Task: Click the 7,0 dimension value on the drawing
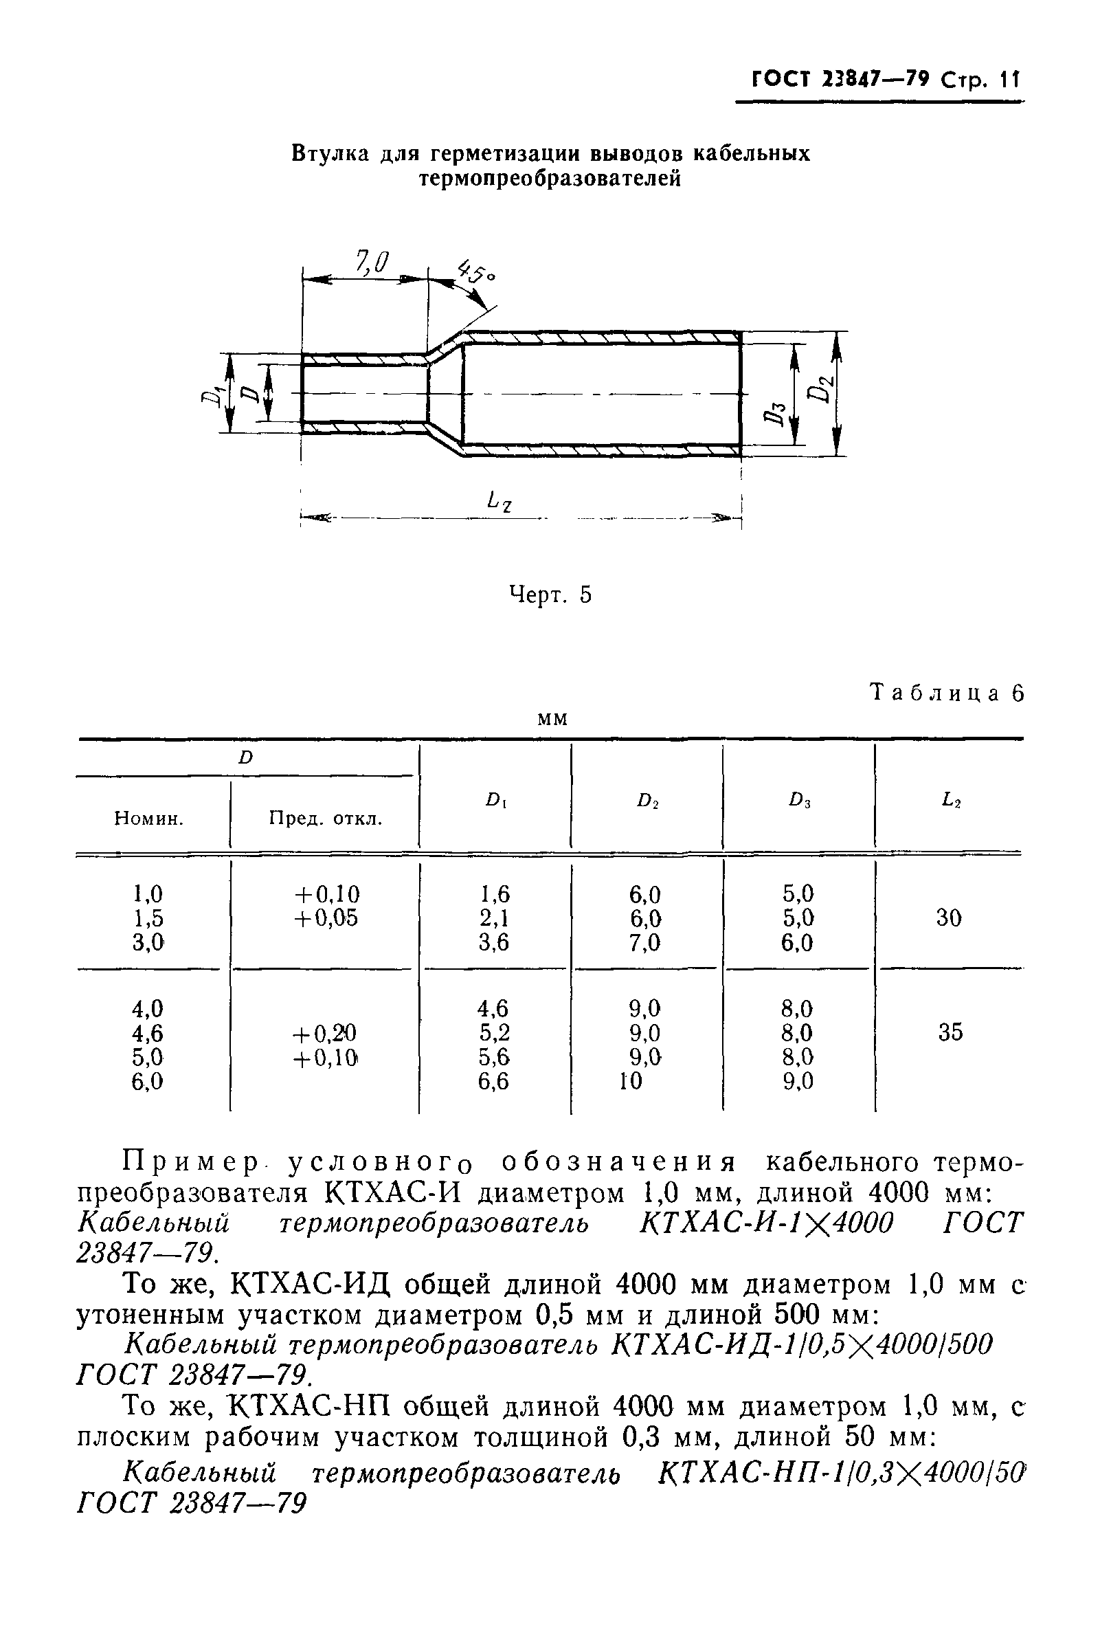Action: pos(372,263)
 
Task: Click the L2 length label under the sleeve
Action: pos(499,501)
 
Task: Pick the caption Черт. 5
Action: pos(549,595)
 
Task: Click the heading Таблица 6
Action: pos(946,693)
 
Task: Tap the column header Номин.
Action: pos(148,819)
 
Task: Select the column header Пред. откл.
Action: pos(326,819)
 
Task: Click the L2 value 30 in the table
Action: pos(948,918)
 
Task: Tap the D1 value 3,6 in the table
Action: pos(494,942)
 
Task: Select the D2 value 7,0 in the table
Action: pos(644,942)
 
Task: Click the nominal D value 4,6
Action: pos(147,1033)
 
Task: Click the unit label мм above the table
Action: pos(552,720)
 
